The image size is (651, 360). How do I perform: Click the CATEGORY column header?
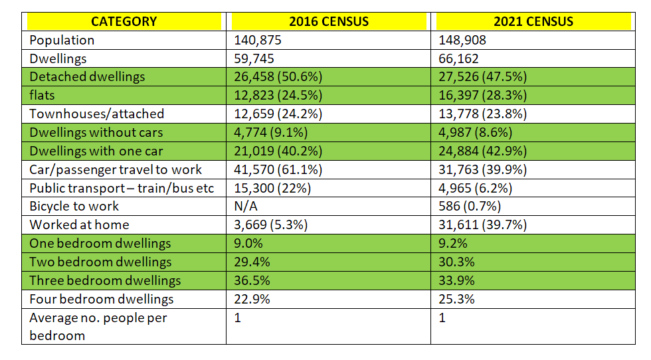[124, 21]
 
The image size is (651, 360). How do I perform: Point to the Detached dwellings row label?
[87, 76]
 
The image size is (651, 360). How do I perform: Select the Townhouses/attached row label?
[96, 114]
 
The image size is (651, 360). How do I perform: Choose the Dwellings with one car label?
[96, 151]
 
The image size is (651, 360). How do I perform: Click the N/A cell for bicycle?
[246, 206]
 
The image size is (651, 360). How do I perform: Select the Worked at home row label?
[79, 225]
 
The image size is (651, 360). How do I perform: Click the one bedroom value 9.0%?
[248, 243]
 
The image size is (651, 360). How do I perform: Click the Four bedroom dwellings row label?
[101, 299]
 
